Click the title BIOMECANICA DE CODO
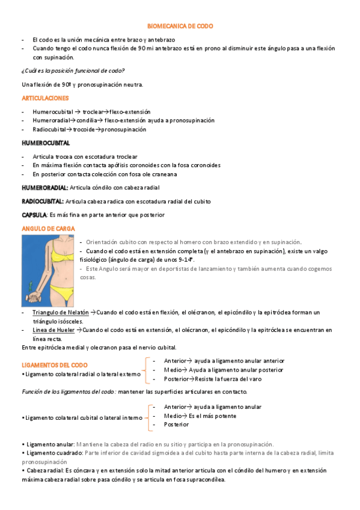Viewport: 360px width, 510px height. tap(180, 26)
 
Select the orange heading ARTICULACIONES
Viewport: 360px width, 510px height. tap(45, 97)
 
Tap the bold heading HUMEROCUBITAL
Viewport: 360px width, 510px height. tap(46, 143)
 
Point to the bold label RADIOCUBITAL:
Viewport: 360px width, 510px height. tap(42, 201)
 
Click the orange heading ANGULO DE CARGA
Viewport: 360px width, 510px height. tap(47, 229)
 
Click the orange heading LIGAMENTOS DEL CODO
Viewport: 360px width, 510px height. tap(55, 364)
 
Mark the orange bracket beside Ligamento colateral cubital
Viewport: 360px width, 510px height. tap(149, 416)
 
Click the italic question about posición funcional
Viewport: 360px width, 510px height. tap(73, 70)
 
